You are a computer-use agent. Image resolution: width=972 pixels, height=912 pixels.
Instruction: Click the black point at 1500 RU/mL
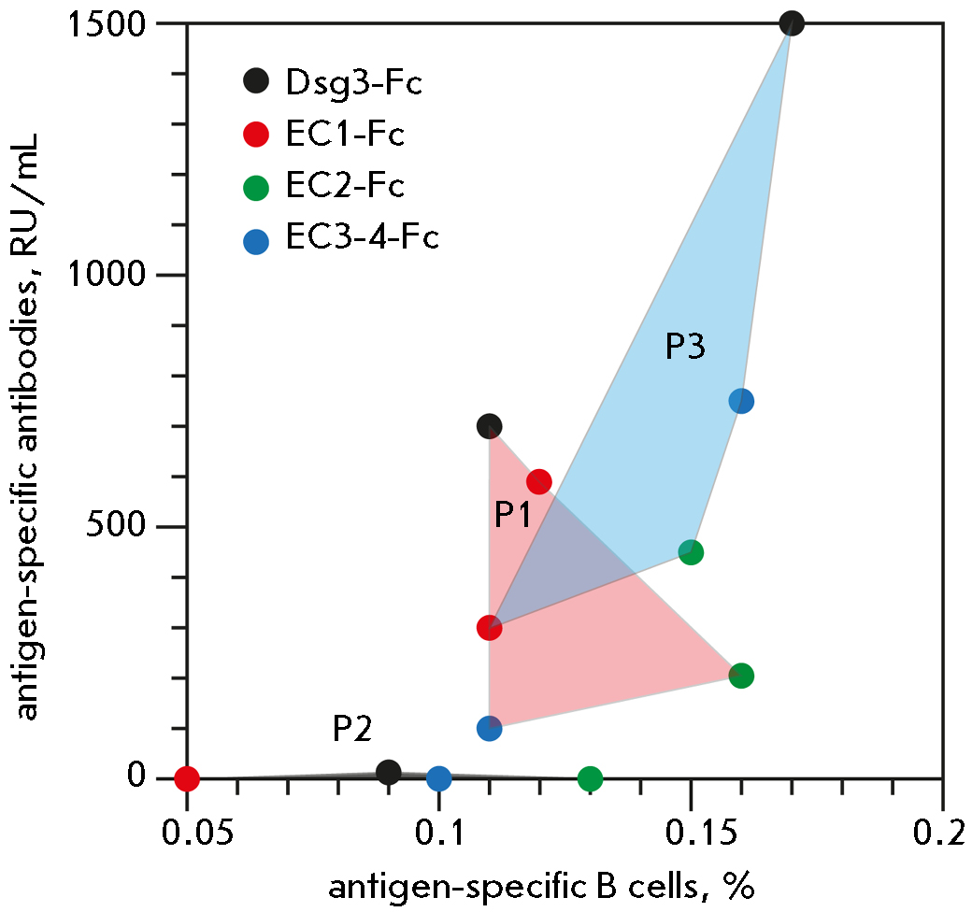click(792, 23)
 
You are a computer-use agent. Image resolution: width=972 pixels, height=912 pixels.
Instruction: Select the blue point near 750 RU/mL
click(741, 401)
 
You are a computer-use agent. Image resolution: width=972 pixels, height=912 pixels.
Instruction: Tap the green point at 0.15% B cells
click(691, 551)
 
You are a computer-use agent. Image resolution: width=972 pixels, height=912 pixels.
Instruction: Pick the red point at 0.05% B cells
click(187, 777)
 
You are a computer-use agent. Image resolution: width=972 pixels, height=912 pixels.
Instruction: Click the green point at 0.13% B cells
click(590, 777)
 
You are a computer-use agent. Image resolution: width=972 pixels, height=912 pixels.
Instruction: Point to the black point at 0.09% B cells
click(389, 772)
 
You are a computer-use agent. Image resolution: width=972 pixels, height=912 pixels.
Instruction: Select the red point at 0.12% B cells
click(539, 482)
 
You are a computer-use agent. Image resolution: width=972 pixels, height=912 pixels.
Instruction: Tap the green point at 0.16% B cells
click(741, 676)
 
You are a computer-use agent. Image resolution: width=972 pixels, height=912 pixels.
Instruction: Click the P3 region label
click(684, 348)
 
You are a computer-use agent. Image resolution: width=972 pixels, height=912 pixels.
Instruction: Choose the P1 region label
click(513, 515)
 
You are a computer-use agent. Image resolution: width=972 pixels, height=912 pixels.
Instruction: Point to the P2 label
click(352, 729)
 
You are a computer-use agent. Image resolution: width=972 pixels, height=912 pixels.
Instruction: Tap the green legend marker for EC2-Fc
click(255, 188)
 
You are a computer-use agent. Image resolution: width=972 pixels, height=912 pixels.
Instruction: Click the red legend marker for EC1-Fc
click(255, 135)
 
